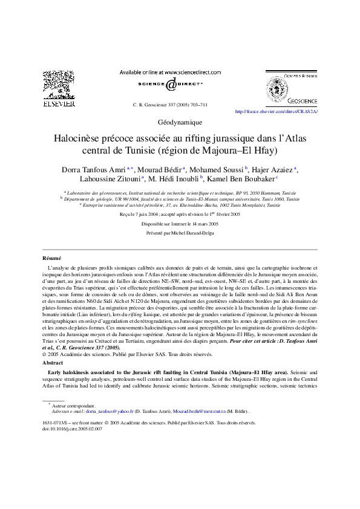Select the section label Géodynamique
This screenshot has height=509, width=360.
click(x=180, y=122)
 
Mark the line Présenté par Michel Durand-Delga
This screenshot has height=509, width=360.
click(x=180, y=232)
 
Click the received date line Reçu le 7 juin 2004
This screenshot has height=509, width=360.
click(x=180, y=214)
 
